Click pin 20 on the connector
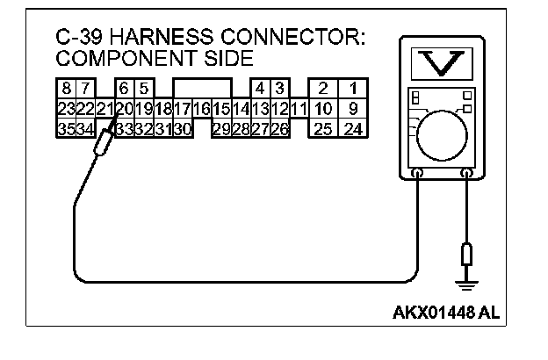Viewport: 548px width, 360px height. coord(123,109)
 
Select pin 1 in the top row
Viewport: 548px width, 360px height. coord(352,89)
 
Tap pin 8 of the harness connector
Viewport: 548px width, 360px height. coord(66,89)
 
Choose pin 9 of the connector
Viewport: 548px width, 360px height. coord(352,109)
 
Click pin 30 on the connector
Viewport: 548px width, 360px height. coord(182,130)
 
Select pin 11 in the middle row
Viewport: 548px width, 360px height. coord(299,109)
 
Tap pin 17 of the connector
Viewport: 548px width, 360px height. coord(182,109)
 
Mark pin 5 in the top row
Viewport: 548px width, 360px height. coord(143,89)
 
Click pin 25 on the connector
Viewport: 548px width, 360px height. coord(323,130)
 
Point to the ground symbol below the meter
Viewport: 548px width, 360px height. coord(466,283)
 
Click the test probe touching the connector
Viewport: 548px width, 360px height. coord(105,144)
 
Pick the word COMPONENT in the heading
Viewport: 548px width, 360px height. coord(112,59)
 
